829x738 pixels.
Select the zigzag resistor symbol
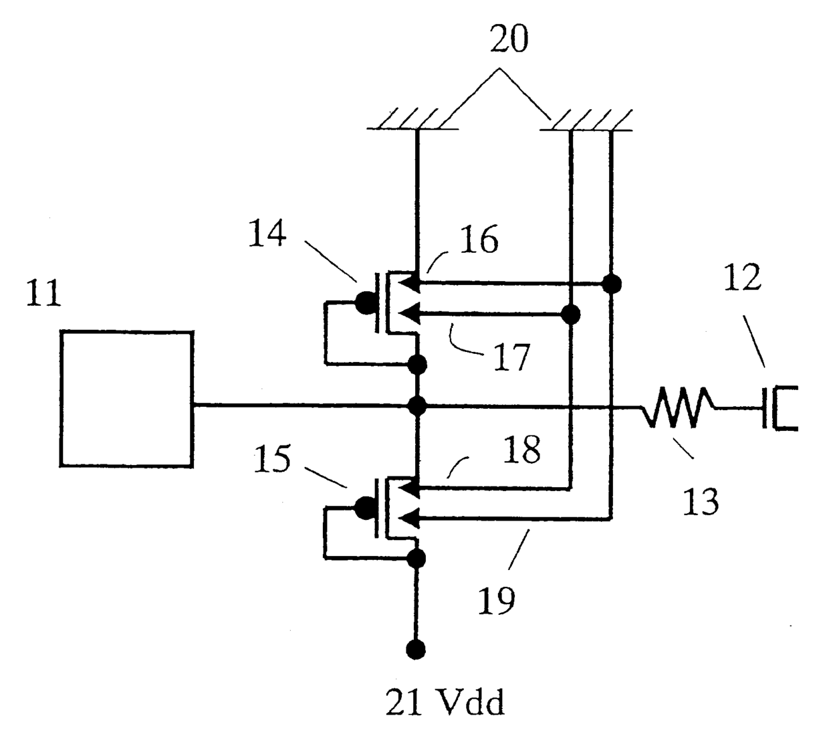point(677,407)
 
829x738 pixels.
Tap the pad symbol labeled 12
point(780,407)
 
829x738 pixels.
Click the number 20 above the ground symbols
point(509,39)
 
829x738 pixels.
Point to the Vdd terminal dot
point(416,650)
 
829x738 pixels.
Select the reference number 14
point(267,233)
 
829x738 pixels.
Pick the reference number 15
point(272,458)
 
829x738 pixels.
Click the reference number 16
point(479,239)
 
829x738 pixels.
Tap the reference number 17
point(511,357)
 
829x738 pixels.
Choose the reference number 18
point(521,449)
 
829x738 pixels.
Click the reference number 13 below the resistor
point(701,501)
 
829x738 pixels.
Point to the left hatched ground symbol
point(412,120)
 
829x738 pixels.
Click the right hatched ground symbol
point(586,120)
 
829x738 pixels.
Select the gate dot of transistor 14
point(366,303)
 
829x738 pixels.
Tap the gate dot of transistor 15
point(366,509)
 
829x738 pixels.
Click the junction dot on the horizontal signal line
point(417,406)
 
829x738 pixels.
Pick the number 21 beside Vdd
point(403,702)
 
